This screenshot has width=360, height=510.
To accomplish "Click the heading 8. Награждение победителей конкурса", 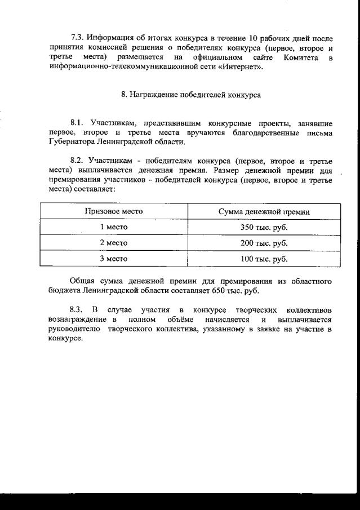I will [x=190, y=95].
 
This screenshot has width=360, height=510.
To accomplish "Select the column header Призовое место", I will [x=113, y=211].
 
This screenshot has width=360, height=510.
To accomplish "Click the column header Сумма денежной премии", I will [x=264, y=211].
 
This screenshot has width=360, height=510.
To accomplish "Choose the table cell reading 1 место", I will [x=113, y=227].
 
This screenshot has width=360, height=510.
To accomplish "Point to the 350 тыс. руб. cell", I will [x=264, y=227].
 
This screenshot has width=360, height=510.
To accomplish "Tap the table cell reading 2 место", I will [x=113, y=243].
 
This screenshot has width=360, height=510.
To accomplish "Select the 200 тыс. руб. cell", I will [x=264, y=243].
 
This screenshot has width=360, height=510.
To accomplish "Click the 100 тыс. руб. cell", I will [x=264, y=259].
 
